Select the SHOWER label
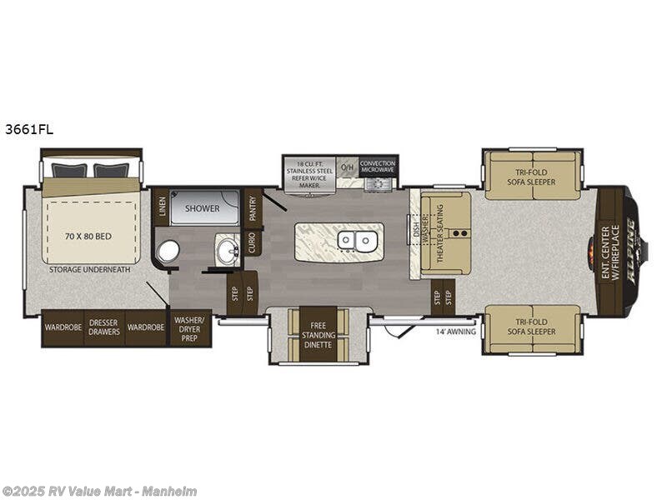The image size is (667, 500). [203, 208]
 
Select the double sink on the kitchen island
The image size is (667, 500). [356, 241]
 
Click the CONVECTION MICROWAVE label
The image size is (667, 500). [379, 166]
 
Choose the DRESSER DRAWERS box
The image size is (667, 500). [105, 327]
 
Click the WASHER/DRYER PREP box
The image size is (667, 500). [191, 327]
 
